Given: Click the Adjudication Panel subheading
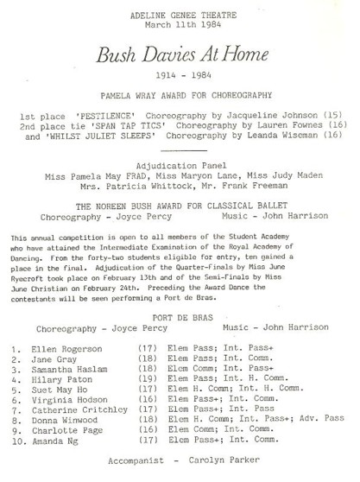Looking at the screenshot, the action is pyautogui.click(x=181, y=164).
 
